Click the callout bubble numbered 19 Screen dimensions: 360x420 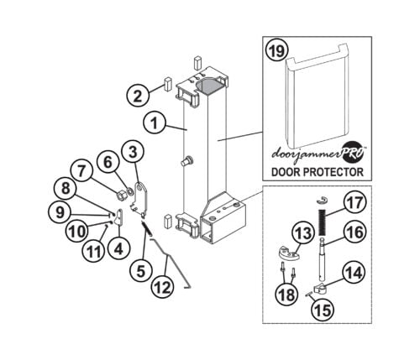[276, 51]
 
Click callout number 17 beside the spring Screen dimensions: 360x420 [354, 203]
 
